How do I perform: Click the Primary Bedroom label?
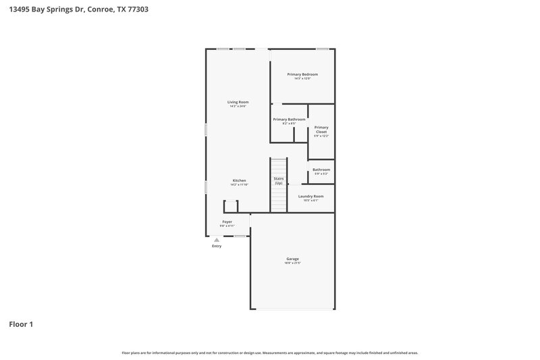point(302,74)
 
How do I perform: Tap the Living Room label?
point(238,102)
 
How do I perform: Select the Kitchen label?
point(239,180)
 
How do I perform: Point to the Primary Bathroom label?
point(289,120)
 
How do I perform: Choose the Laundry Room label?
point(310,197)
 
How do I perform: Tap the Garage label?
point(292,259)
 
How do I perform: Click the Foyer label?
point(227,222)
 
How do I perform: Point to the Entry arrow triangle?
point(217,240)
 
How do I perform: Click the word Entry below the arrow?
point(217,246)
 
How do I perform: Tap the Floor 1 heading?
point(21,324)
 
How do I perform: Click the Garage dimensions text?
point(292,263)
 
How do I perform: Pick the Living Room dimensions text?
point(238,107)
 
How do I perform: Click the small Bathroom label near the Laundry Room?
point(321,170)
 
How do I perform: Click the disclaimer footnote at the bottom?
point(270,353)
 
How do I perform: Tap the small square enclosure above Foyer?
point(231,206)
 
